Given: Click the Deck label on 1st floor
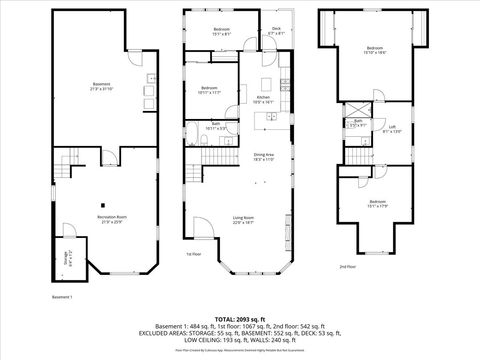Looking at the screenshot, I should [275, 30].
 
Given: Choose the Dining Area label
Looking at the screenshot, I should [263, 156].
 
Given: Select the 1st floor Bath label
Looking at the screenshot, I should [215, 125].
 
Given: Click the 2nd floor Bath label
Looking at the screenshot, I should [357, 122].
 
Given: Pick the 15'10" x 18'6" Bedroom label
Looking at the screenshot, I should [374, 50].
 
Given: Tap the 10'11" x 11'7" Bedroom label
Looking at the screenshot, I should [208, 90].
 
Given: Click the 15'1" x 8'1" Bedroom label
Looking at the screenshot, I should [221, 31].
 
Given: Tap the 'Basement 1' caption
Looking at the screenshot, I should [63, 298].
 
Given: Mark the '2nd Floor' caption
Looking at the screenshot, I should [347, 268].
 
